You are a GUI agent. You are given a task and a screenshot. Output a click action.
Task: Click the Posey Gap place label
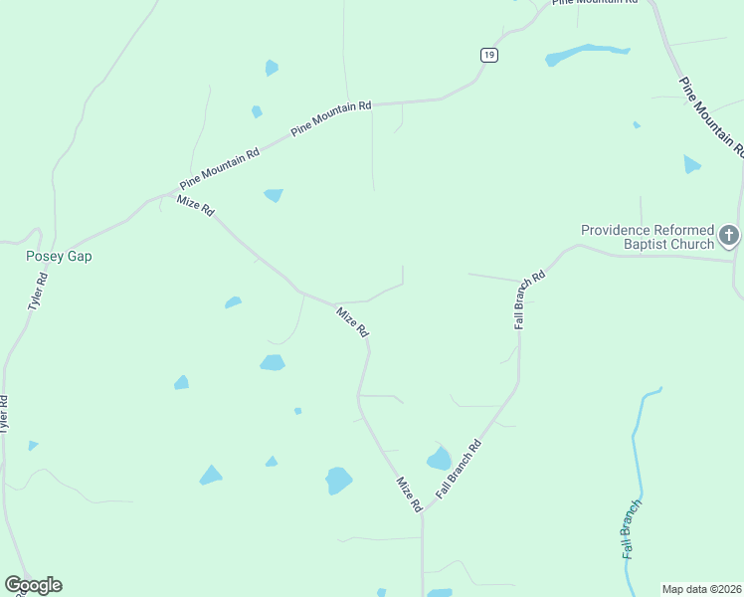[59, 256]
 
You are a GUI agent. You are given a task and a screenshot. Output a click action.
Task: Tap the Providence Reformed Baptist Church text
[648, 237]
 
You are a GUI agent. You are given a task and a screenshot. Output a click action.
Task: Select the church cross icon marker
[729, 236]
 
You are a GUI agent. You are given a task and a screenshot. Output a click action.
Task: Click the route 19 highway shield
[487, 56]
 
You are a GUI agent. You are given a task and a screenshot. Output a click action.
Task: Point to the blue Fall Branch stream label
[630, 528]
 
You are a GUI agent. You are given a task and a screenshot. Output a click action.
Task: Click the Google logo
[33, 585]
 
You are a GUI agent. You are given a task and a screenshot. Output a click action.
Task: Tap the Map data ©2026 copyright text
[701, 589]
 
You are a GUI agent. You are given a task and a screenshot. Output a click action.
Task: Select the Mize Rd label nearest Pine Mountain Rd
[195, 205]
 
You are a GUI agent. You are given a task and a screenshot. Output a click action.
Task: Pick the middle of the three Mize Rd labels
[353, 321]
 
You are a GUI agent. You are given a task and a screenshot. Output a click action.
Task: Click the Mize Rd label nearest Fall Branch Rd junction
[409, 495]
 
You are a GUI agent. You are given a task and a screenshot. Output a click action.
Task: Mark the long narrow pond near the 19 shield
[588, 53]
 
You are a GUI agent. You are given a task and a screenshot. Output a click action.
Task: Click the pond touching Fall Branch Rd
[439, 459]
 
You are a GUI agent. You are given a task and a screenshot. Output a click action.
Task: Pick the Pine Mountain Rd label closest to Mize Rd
[220, 168]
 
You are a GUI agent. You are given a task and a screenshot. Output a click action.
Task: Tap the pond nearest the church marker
[691, 164]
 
